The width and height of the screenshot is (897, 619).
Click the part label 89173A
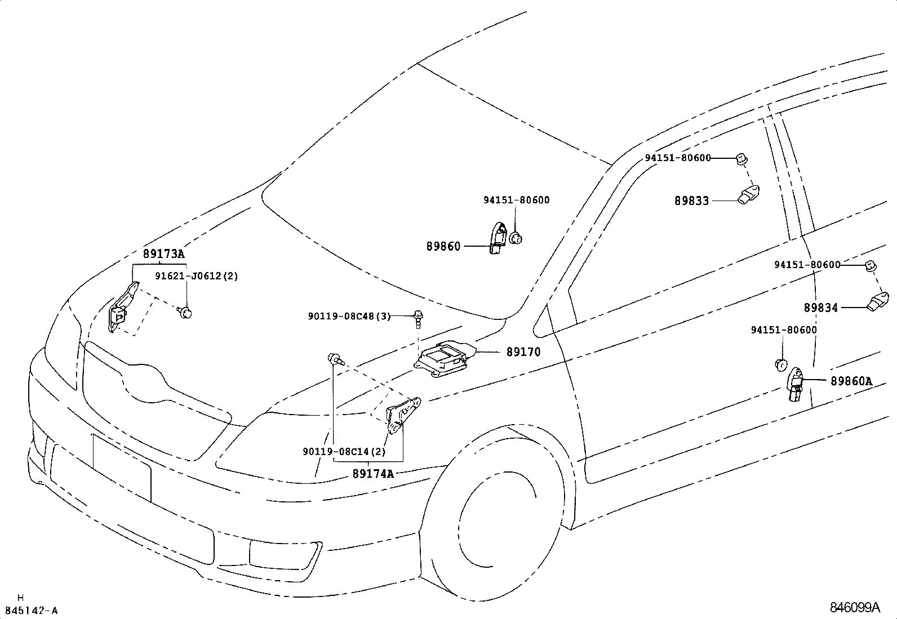click(x=163, y=254)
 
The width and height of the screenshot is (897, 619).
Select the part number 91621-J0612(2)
click(x=197, y=276)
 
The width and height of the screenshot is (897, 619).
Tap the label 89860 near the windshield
click(x=443, y=246)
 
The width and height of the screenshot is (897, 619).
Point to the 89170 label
click(x=523, y=352)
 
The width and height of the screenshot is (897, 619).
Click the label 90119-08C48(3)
click(x=349, y=317)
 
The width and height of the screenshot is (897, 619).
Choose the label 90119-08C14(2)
click(x=344, y=452)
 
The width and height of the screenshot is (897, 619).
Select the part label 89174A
click(x=373, y=474)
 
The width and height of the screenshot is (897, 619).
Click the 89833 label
click(x=692, y=201)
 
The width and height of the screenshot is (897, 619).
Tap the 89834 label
click(x=821, y=308)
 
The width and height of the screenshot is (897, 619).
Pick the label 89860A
click(x=851, y=381)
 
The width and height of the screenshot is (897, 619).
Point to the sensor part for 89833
click(x=749, y=194)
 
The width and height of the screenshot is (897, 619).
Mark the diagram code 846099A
click(x=854, y=608)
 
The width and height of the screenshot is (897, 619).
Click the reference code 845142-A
click(x=31, y=611)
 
